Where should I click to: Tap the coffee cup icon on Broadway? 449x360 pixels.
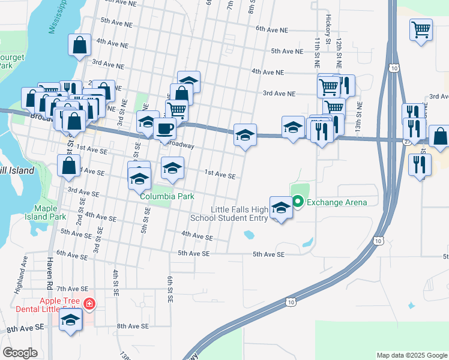click(164, 127)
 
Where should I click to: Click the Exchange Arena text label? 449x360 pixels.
click(337, 202)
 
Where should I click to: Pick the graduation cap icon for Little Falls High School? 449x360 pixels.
click(281, 208)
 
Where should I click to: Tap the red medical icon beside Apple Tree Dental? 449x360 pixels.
click(89, 305)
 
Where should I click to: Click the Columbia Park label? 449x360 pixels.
click(167, 196)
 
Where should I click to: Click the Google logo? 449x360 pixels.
click(20, 353)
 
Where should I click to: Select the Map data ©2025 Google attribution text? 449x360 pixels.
click(411, 355)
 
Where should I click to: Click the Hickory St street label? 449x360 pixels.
click(329, 30)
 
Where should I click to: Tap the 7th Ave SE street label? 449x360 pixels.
click(73, 289)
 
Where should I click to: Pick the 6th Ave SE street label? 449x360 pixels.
click(73, 254)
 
